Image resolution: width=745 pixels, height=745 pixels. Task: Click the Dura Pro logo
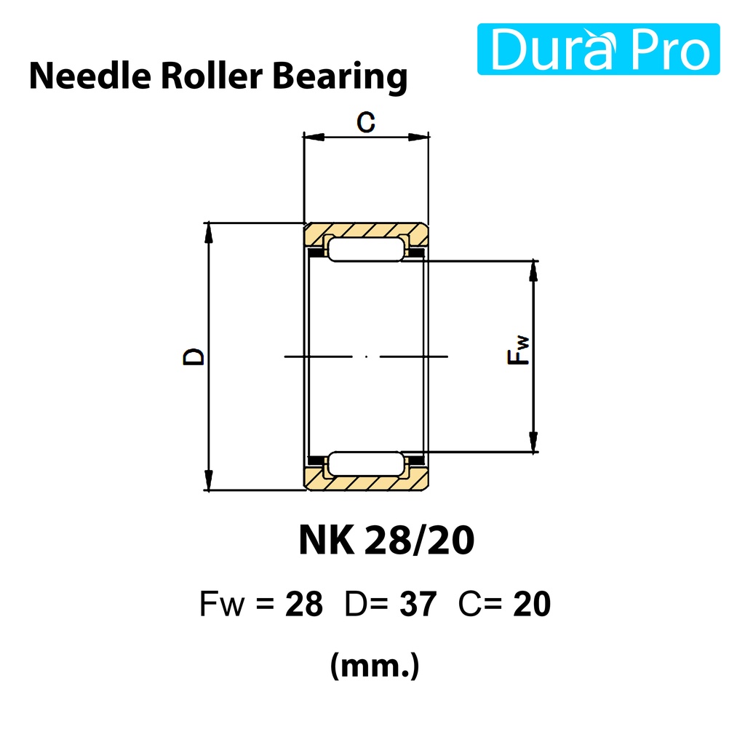click(x=598, y=49)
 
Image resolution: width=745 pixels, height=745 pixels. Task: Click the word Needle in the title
click(x=90, y=76)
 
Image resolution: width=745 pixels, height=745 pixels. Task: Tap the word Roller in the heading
click(x=212, y=76)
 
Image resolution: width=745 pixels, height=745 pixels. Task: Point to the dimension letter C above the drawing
click(x=366, y=121)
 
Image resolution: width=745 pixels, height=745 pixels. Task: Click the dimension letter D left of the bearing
click(x=194, y=356)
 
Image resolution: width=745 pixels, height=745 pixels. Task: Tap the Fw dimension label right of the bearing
click(x=518, y=350)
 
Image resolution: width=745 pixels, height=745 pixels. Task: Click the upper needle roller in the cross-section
click(x=366, y=250)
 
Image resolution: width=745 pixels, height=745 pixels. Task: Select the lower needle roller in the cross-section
click(x=366, y=463)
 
